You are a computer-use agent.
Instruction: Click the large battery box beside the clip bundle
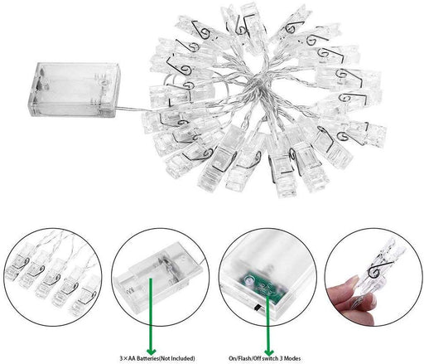pyautogui.click(x=75, y=90)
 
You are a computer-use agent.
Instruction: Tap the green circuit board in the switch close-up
pyautogui.click(x=263, y=288)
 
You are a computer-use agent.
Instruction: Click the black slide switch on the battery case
pyautogui.click(x=258, y=307)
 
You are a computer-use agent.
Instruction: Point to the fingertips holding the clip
pyautogui.click(x=350, y=301)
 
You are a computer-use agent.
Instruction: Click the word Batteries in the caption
pyautogui.click(x=144, y=358)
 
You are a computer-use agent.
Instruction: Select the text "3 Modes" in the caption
pyautogui.click(x=290, y=358)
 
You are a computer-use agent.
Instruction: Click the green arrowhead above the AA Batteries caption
pyautogui.click(x=151, y=352)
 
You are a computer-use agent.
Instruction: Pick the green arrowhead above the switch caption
pyautogui.click(x=268, y=352)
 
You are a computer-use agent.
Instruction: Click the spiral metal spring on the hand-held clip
pyautogui.click(x=376, y=270)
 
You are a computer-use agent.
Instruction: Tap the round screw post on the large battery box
pyautogui.click(x=104, y=82)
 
